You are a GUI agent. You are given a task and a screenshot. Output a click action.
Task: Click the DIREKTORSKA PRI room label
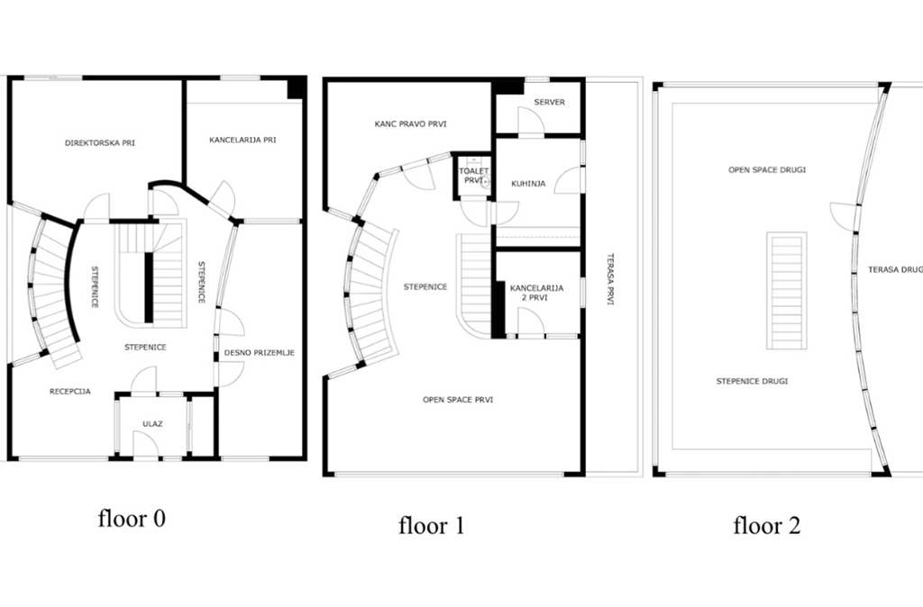point(100,143)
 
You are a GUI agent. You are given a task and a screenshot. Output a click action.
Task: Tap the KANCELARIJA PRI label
point(242,140)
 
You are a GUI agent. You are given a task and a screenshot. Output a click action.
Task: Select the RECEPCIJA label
point(70,391)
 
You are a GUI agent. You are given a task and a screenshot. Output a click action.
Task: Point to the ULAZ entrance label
point(152,423)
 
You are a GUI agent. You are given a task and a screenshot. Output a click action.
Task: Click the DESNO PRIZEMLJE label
point(259,353)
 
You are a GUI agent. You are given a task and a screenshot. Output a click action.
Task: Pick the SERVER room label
point(549,102)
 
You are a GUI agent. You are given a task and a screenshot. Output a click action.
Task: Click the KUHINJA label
point(528,184)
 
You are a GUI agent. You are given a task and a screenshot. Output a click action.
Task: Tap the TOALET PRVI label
point(474,176)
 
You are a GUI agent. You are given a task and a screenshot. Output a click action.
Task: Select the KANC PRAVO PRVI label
point(410,124)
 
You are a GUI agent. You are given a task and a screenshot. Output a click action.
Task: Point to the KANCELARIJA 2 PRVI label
point(536,293)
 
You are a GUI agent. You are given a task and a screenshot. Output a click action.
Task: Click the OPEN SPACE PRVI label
point(458,400)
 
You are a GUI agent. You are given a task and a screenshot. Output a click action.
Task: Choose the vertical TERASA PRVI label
point(610,279)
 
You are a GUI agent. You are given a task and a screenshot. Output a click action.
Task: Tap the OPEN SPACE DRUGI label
point(767,170)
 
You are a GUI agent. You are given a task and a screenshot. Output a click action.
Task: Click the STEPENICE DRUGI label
point(752,381)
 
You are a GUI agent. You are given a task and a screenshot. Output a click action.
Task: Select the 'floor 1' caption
point(432,525)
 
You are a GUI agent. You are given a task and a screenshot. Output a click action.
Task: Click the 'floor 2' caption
point(767,525)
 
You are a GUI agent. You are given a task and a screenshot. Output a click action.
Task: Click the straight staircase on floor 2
point(786,291)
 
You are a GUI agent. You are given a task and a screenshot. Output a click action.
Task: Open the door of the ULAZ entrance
point(145,444)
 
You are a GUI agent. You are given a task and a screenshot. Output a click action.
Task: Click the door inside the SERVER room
point(531,121)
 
